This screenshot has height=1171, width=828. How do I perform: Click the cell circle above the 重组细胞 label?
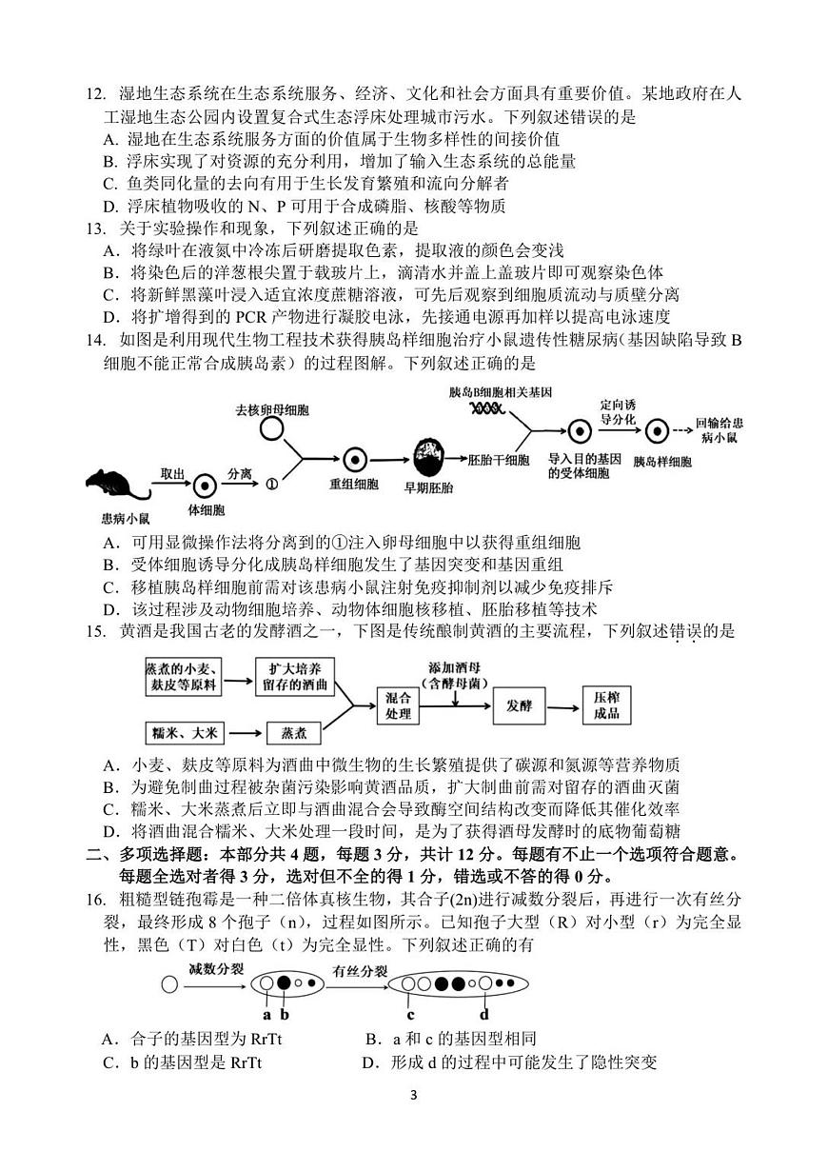[353, 459]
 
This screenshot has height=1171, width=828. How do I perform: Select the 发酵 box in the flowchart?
[520, 705]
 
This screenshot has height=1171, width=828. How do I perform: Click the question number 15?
[95, 630]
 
